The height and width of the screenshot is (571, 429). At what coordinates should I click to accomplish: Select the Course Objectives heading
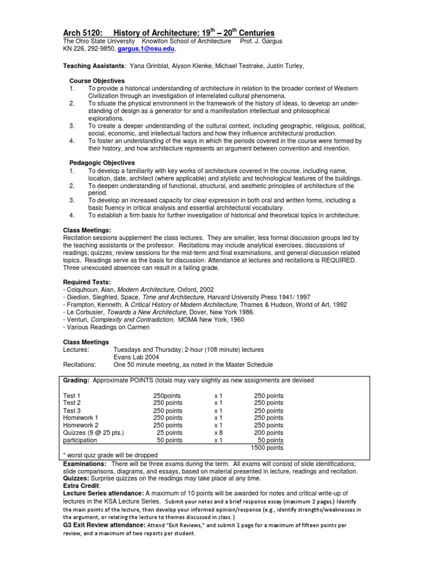(101, 81)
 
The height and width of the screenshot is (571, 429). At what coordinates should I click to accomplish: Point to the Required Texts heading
(87, 282)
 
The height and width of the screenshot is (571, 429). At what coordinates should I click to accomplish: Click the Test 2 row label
(72, 403)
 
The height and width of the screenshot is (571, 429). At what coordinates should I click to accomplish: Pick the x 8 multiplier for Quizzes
(218, 432)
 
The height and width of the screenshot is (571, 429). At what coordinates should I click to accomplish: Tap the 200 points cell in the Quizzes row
(268, 432)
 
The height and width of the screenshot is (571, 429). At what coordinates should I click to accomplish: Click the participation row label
(80, 440)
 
